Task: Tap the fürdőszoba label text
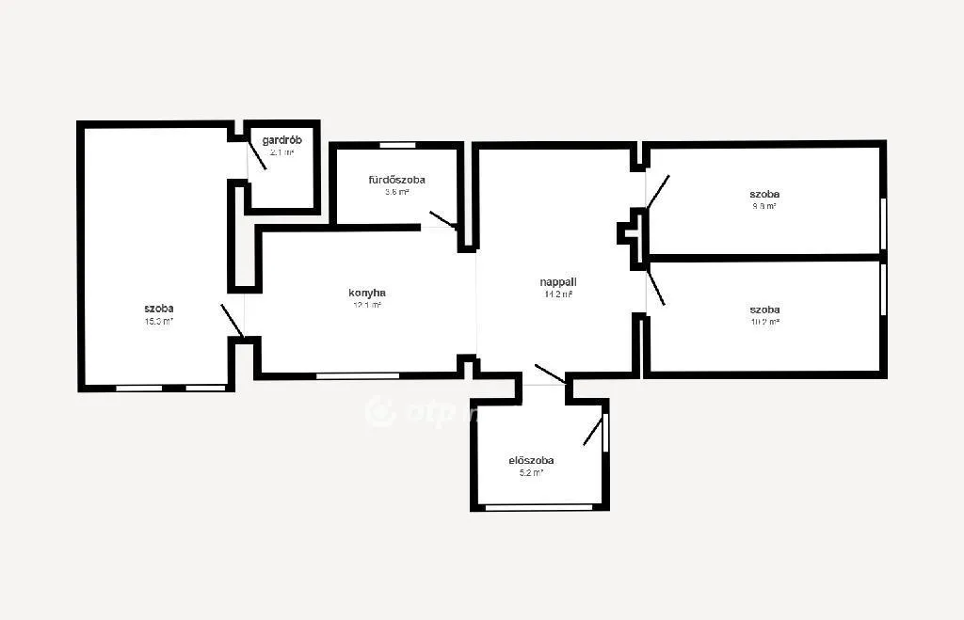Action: (x=396, y=179)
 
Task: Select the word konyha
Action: (x=367, y=293)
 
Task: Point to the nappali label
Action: (x=557, y=281)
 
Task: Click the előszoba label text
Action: (x=531, y=460)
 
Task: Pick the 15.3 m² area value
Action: (x=158, y=321)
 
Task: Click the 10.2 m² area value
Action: (x=764, y=322)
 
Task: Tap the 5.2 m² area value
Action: (x=531, y=473)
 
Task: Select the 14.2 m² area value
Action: (x=557, y=294)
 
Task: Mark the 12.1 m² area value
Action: (x=367, y=305)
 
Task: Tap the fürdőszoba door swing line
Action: (x=442, y=219)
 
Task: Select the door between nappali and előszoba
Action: (x=549, y=374)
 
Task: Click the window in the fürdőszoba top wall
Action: (x=397, y=145)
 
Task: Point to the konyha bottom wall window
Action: (x=357, y=375)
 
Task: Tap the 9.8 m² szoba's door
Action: (x=658, y=190)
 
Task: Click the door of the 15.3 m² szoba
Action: (x=233, y=321)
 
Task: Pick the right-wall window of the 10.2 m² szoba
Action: (x=883, y=290)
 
